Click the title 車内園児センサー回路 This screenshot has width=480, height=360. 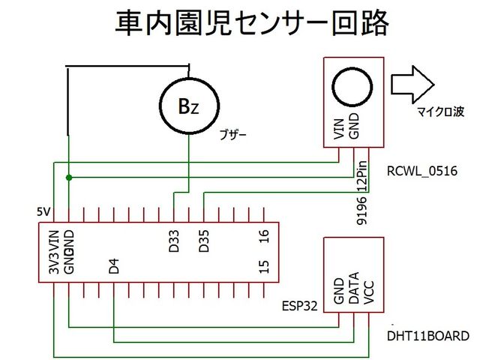[x=251, y=24]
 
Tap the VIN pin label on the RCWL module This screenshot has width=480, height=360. [x=338, y=128]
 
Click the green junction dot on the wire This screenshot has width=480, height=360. [x=69, y=178]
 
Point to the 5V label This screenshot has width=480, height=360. [x=43, y=212]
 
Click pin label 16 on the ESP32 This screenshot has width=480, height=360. [x=263, y=237]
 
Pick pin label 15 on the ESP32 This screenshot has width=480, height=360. [x=263, y=267]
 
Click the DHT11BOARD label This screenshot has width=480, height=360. [x=428, y=335]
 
